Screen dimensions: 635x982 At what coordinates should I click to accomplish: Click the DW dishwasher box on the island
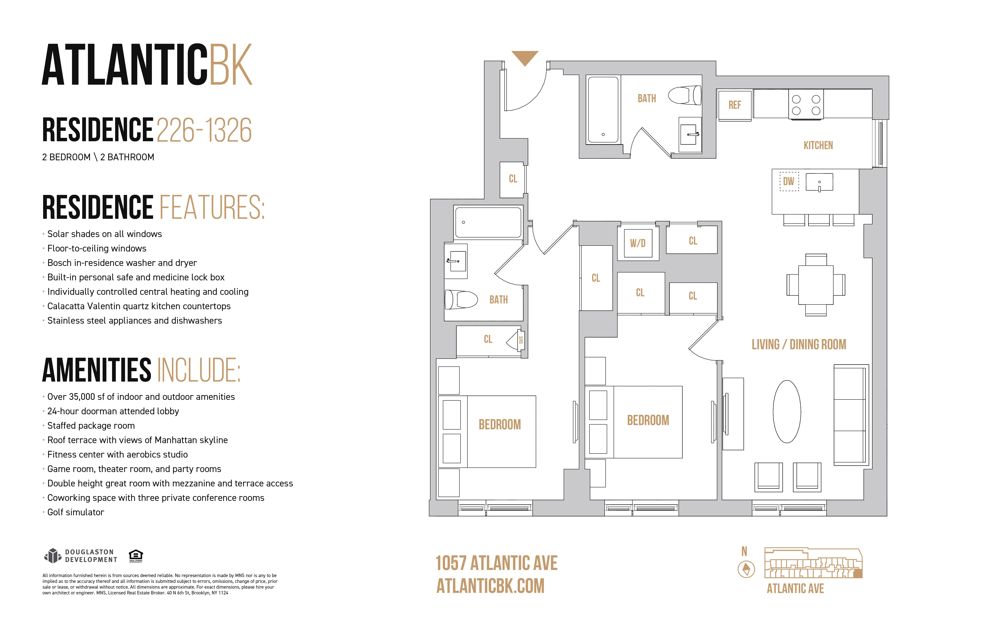(x=789, y=181)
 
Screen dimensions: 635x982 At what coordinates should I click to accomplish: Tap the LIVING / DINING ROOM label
(x=799, y=344)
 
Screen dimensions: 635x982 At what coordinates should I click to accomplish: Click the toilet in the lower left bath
(x=461, y=299)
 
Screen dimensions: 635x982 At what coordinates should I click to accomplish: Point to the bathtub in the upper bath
(x=603, y=110)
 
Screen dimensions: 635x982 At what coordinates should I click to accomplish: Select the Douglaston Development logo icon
(x=52, y=556)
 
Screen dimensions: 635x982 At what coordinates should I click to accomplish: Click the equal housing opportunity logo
(x=136, y=555)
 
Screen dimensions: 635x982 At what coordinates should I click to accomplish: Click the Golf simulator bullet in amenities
(x=75, y=512)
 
